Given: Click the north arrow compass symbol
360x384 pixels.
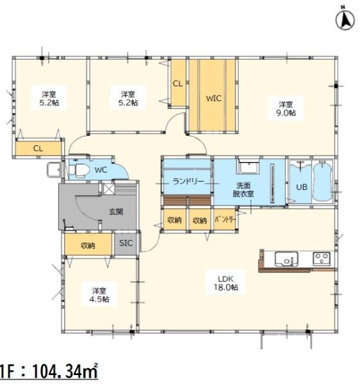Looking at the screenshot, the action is point(345,20).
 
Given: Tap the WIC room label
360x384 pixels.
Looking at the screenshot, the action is point(213,99).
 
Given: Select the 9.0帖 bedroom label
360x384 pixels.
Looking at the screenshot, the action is point(286,109).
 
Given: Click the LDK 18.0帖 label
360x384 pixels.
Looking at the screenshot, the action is point(225,283).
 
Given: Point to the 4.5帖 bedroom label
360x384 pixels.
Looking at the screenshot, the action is point(99,295).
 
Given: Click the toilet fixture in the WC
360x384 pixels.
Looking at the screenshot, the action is point(78,170).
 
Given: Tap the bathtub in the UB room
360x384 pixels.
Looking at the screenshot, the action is point(322,181).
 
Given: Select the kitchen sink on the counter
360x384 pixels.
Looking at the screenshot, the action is point(286,259).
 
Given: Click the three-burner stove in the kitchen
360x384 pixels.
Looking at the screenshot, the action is point(322,259).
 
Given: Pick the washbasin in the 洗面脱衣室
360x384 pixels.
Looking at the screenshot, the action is point(248,167).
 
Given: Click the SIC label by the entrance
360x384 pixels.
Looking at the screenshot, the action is point(126,243).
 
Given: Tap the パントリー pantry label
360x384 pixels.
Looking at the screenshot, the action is point(225,220).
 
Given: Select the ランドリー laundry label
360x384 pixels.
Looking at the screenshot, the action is point(188,182).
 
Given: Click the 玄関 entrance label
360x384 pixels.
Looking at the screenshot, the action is point(116,212).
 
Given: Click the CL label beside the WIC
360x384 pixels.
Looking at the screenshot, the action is point(177,84).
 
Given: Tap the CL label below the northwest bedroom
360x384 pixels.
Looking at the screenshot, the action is point(38,148).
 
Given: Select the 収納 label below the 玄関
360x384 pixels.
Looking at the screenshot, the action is point(88,245).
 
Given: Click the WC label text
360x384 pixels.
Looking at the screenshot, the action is point(101,170).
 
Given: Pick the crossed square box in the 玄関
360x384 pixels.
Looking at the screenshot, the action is point(108,189).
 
